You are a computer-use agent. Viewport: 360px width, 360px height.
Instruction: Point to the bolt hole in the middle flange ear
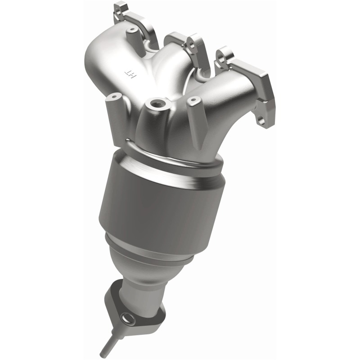click(190, 43)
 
